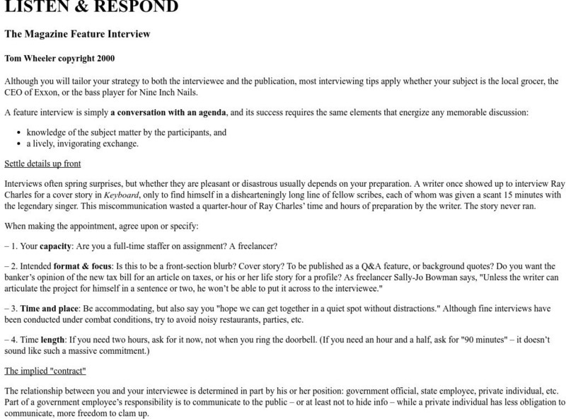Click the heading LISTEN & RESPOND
point(91,7)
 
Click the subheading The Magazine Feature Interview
point(77,34)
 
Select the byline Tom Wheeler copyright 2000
point(59,59)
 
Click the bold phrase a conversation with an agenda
point(168,113)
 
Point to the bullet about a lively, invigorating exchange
point(82,144)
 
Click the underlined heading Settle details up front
point(42,164)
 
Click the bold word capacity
point(55,246)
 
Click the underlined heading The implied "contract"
point(45,371)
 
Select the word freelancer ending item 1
point(255,246)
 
